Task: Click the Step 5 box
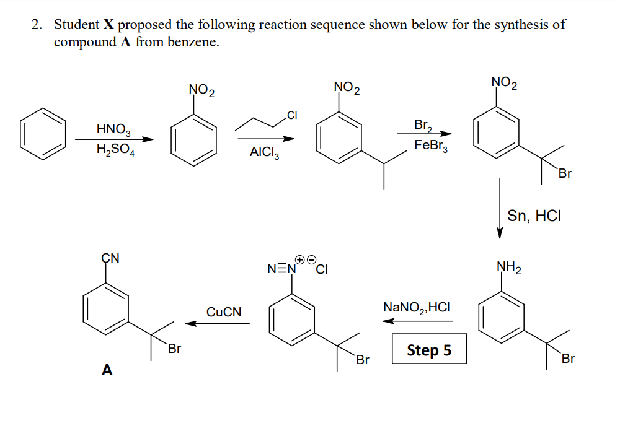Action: click(429, 350)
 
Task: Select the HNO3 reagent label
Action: click(113, 130)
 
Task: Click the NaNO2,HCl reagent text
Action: click(417, 307)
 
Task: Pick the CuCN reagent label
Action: click(224, 311)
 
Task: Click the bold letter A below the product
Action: click(107, 370)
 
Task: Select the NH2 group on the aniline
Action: click(508, 268)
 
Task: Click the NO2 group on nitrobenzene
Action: click(201, 92)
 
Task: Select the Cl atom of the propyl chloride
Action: click(292, 114)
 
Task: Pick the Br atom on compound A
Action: click(174, 349)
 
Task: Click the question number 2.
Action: click(37, 25)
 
